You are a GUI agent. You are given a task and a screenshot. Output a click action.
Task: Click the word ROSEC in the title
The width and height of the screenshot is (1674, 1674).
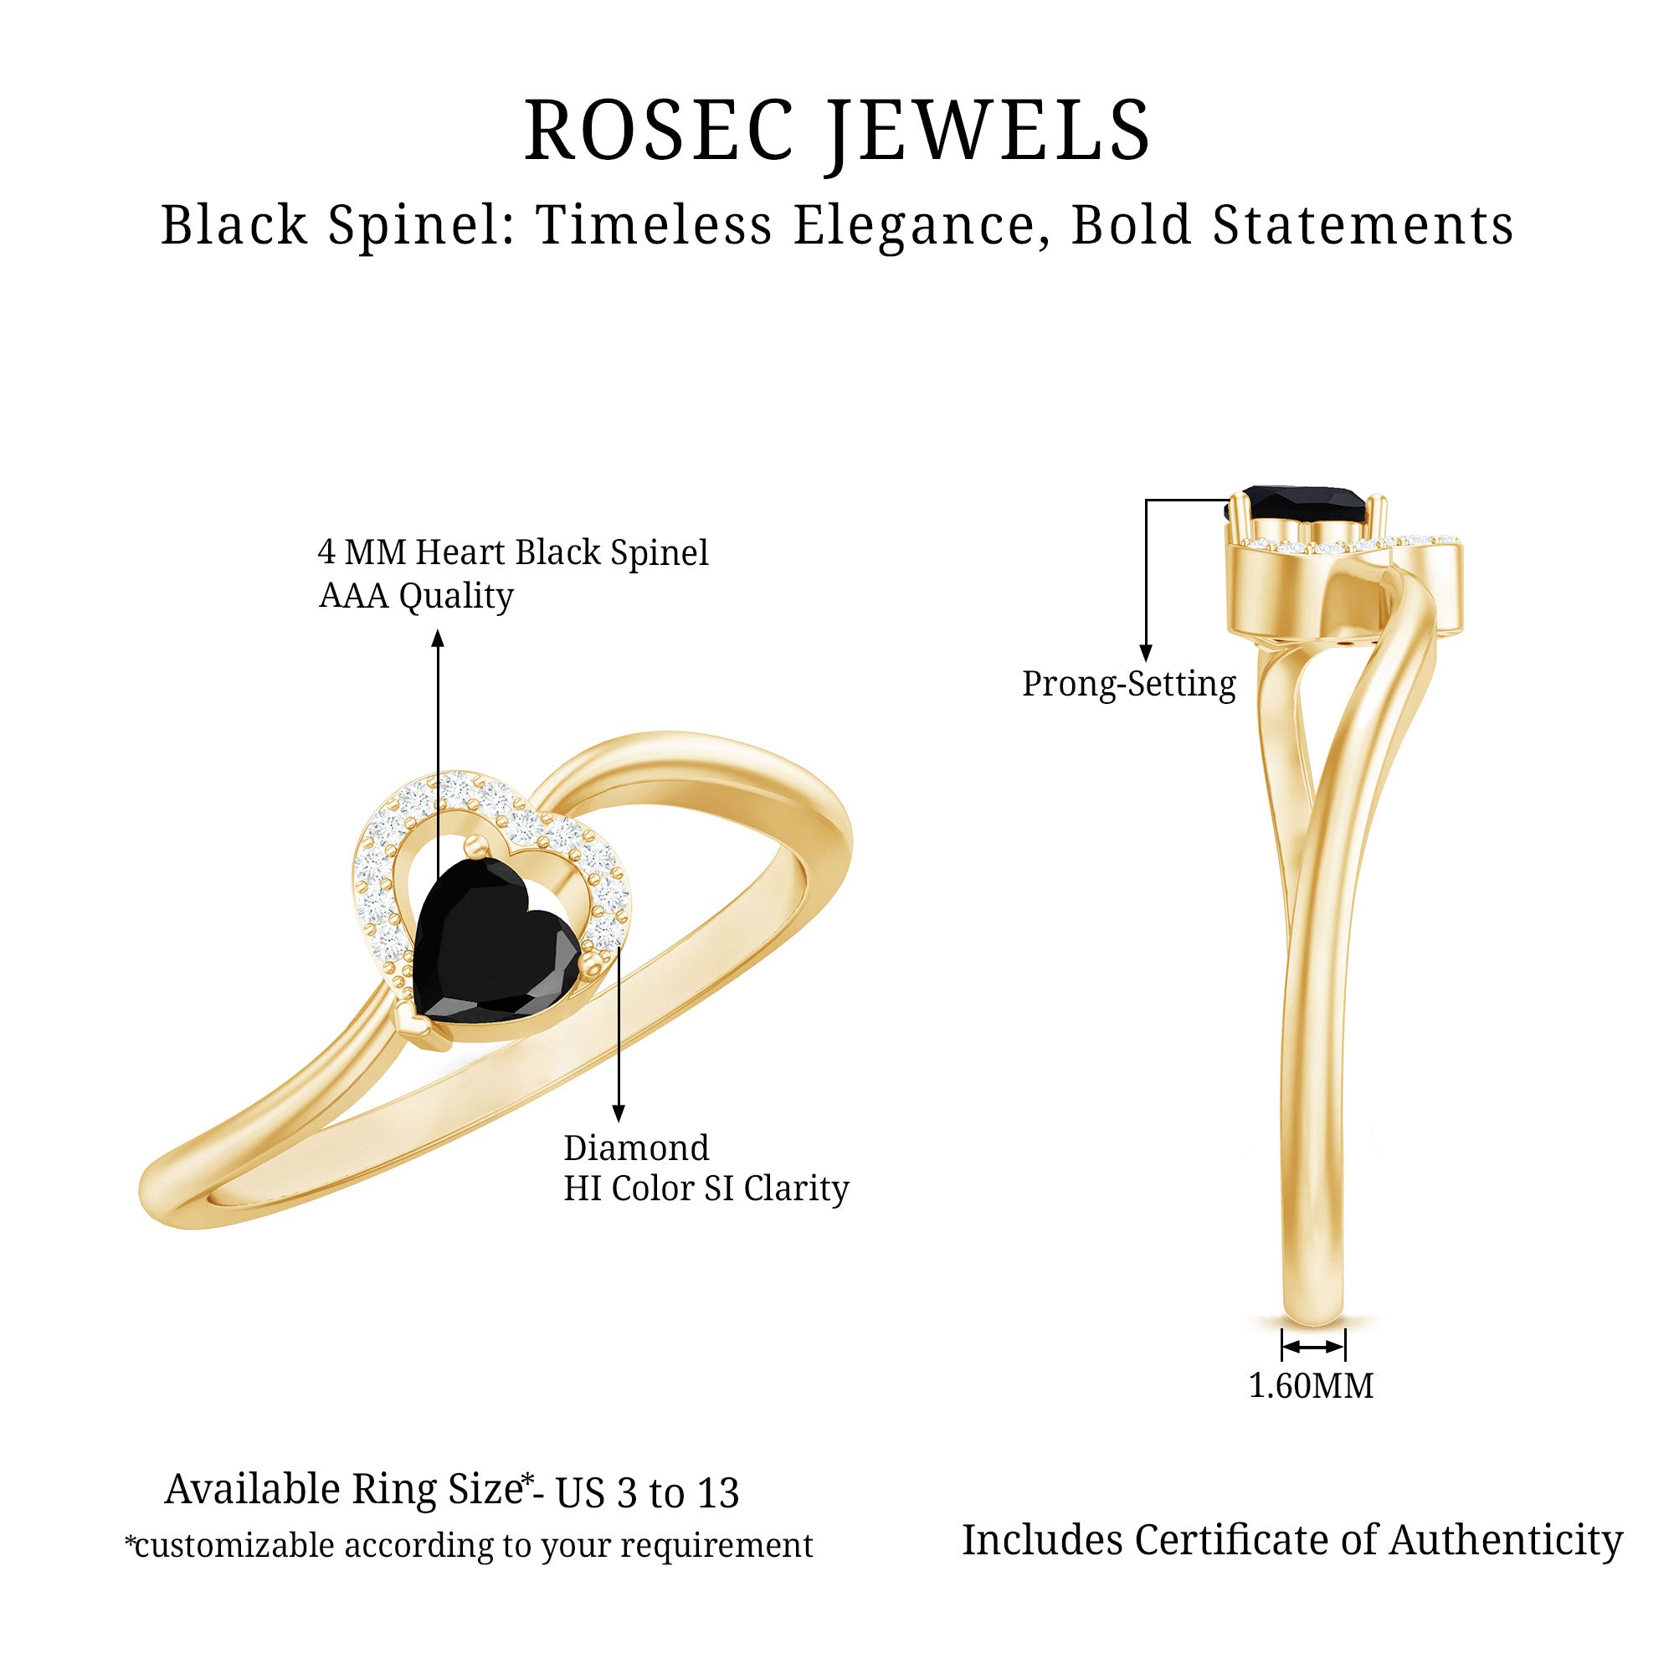pos(660,131)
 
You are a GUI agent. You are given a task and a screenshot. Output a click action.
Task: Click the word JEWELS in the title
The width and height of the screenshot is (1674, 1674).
pos(987,131)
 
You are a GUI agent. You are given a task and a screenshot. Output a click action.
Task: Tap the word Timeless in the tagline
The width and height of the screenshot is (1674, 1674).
pos(654,226)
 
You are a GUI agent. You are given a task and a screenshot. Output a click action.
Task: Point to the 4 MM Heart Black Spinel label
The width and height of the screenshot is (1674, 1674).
pos(513,552)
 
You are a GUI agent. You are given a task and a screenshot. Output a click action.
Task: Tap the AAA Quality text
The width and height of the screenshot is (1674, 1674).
pos(416,596)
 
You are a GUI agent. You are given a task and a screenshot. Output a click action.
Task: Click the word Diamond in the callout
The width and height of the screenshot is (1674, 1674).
pos(636,1148)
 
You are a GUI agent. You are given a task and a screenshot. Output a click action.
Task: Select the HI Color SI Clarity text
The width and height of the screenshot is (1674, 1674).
pos(706,1189)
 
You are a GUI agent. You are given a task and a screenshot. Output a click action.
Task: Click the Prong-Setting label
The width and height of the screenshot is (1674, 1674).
pos(1128,685)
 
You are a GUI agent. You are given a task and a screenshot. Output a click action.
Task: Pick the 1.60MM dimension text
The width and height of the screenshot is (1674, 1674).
pos(1310,1386)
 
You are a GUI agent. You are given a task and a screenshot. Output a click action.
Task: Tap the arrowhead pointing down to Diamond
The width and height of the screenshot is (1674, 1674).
pos(619,1113)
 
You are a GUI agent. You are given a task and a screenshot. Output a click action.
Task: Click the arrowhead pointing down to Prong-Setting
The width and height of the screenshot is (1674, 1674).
pos(1147,654)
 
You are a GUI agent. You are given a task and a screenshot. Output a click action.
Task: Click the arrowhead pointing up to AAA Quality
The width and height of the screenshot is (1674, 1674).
pos(439,639)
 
